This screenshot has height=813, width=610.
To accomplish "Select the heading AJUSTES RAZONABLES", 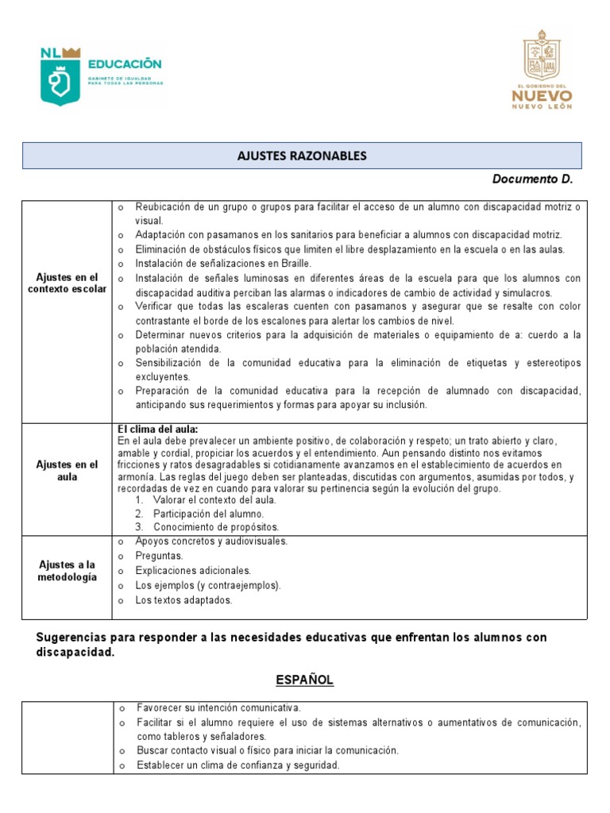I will [x=302, y=156].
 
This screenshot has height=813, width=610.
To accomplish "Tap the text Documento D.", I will [x=532, y=179].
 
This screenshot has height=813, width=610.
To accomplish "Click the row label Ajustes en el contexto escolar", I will [x=67, y=283].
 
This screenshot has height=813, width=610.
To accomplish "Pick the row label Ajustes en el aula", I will [x=67, y=470].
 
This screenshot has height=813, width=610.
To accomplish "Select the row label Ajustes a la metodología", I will [x=67, y=570].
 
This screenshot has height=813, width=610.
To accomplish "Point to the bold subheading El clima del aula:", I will [x=157, y=430].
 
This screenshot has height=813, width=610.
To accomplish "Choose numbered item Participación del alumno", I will [x=208, y=513].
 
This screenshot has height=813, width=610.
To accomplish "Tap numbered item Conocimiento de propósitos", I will [x=216, y=526].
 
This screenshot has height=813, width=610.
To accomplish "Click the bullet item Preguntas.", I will [x=159, y=556].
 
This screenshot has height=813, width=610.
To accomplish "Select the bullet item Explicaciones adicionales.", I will [x=193, y=570].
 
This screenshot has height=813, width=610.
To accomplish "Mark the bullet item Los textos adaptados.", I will [x=183, y=600].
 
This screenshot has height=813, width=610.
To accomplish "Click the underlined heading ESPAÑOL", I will [x=304, y=680].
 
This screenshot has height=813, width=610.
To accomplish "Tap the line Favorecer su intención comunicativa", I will [x=218, y=707].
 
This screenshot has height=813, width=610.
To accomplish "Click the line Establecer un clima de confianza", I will [x=237, y=765].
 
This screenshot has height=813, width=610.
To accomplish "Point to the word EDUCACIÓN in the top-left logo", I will [x=125, y=63].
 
